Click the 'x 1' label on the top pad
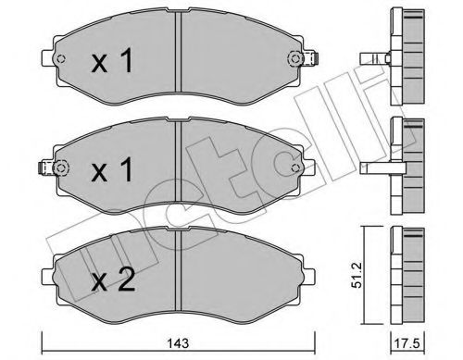(115, 64)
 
